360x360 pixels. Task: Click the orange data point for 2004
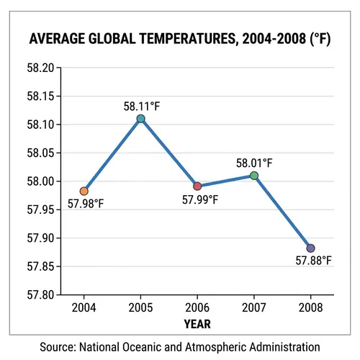click(x=84, y=191)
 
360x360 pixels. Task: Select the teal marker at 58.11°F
click(x=141, y=119)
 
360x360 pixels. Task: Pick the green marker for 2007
click(x=254, y=175)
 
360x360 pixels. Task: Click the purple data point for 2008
click(x=310, y=248)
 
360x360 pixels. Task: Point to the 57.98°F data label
click(x=86, y=204)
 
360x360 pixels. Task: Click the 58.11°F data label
click(x=141, y=106)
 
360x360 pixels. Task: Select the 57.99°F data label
click(x=199, y=199)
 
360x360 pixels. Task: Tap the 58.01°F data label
click(x=255, y=163)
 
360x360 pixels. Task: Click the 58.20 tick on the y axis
click(x=42, y=68)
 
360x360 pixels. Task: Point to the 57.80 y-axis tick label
click(x=42, y=294)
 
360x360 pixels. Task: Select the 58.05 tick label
click(x=42, y=153)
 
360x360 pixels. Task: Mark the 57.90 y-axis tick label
click(x=42, y=238)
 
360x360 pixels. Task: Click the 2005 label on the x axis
click(x=141, y=309)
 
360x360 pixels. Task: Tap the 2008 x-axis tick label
click(x=310, y=309)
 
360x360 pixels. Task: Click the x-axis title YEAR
click(x=197, y=324)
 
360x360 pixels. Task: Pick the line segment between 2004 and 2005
click(x=112, y=155)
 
